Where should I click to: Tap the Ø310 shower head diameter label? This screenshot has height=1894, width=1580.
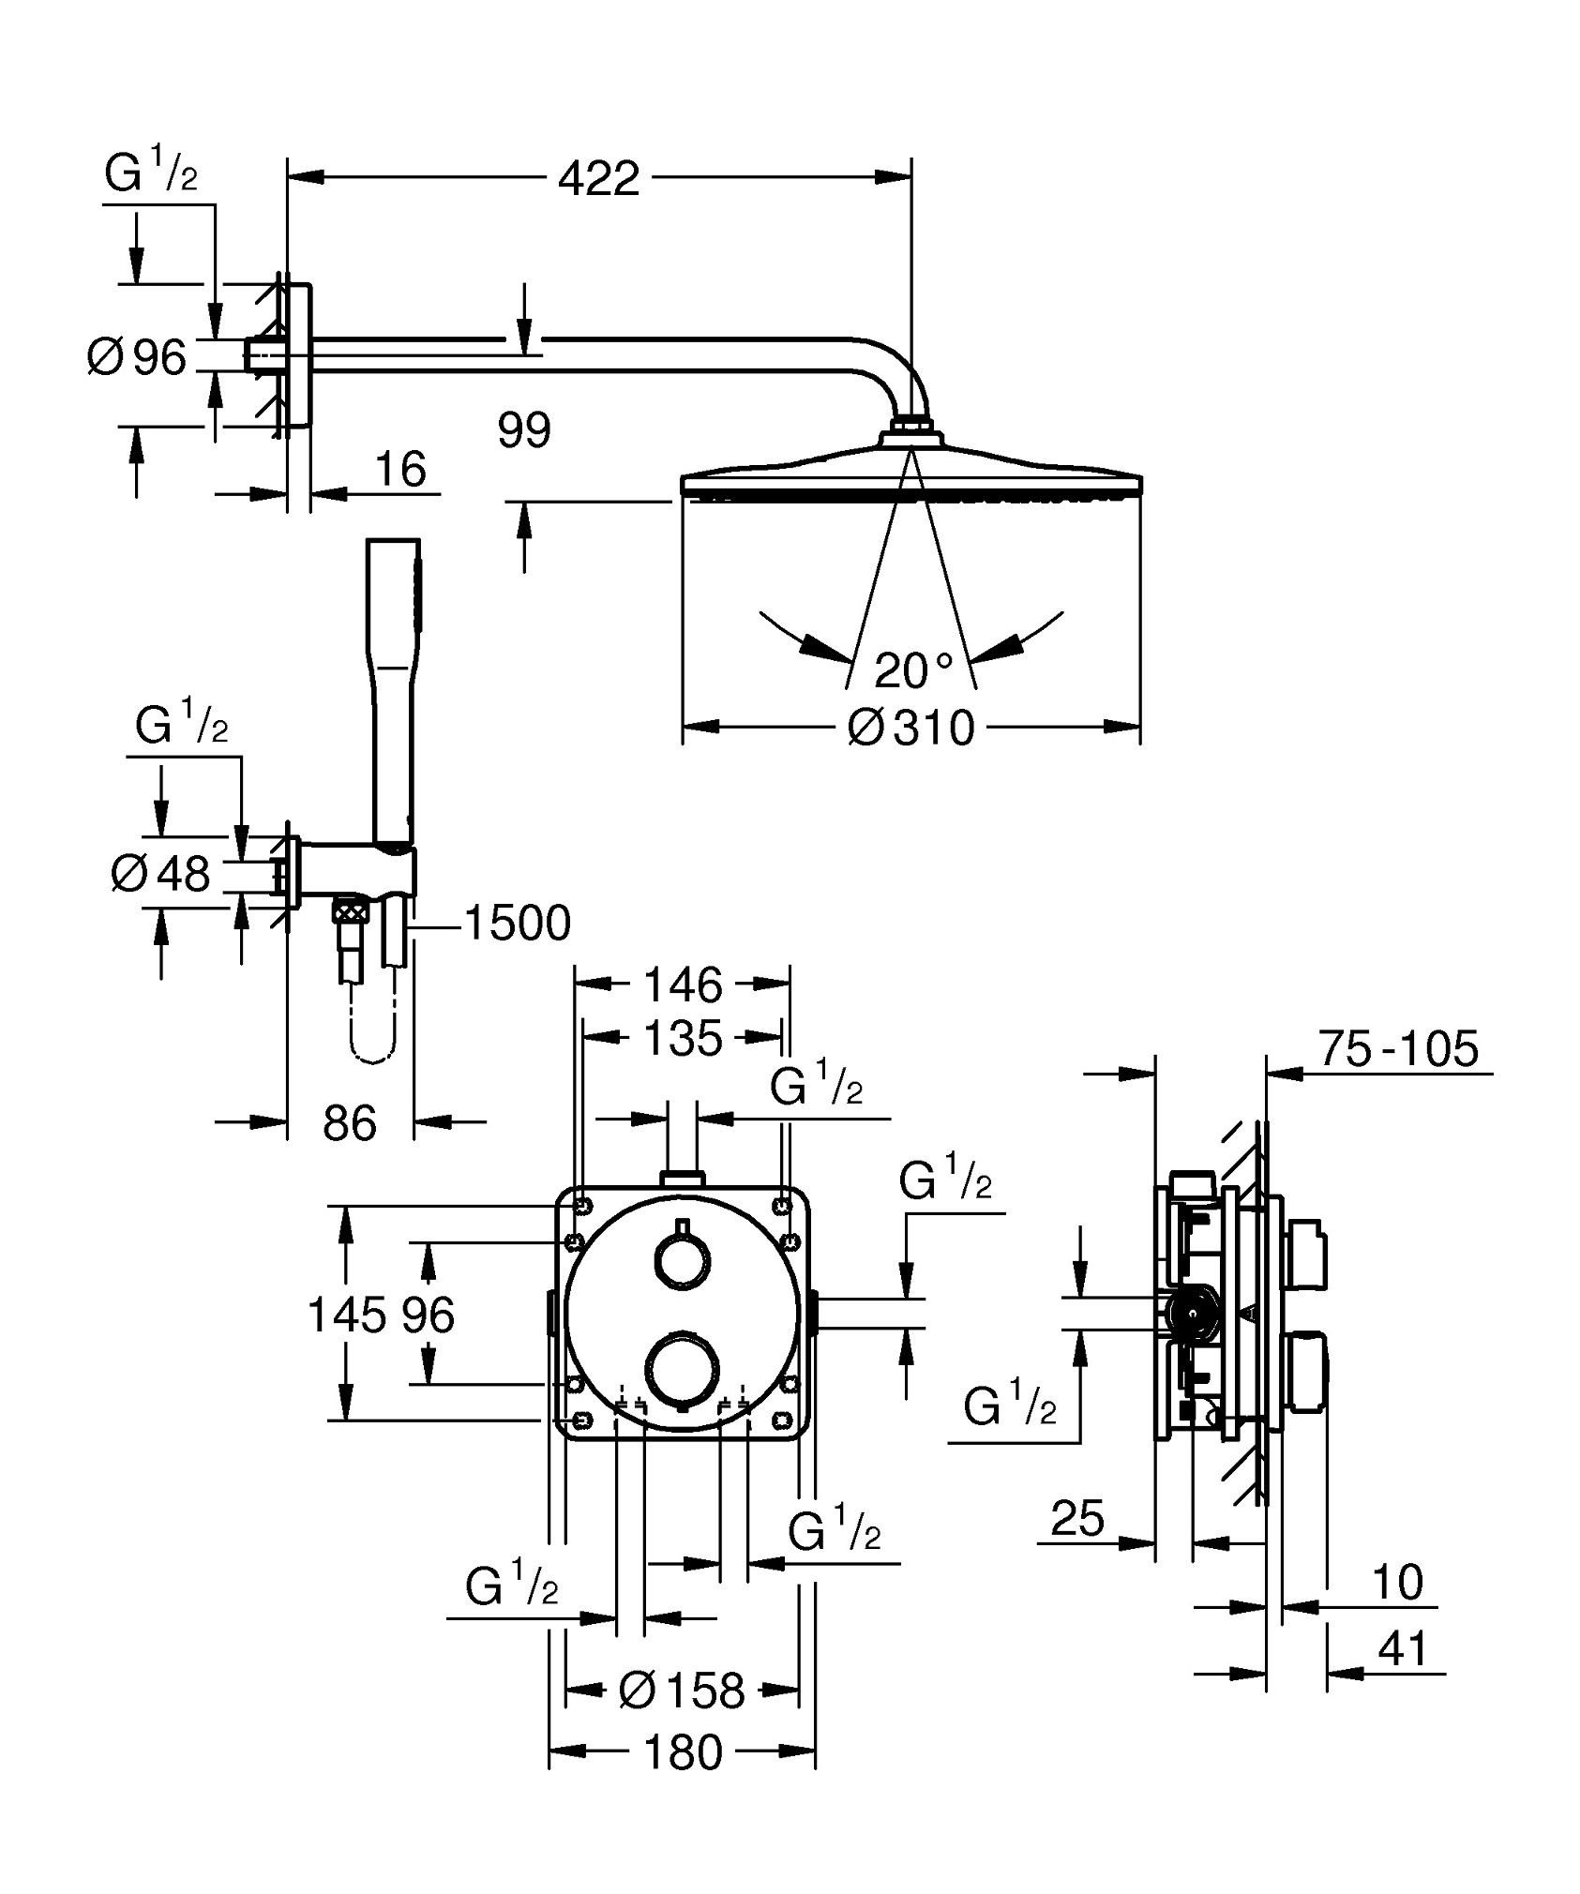click(x=910, y=728)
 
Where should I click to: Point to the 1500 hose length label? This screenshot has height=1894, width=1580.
click(x=517, y=924)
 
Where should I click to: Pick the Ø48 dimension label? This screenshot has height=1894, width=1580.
click(x=160, y=875)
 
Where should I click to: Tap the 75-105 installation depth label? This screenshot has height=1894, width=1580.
click(x=1398, y=1048)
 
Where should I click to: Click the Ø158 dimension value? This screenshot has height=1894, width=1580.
click(x=682, y=1691)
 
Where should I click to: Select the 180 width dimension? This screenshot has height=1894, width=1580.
click(x=683, y=1751)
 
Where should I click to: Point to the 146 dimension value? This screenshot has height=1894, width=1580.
click(x=683, y=985)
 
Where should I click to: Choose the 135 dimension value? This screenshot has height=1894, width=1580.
click(x=683, y=1038)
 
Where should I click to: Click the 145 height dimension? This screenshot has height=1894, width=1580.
click(x=346, y=1315)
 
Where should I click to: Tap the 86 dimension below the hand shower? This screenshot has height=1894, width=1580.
click(x=349, y=1122)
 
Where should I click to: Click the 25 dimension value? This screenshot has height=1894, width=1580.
click(x=1077, y=1518)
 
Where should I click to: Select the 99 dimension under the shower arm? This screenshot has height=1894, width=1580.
click(x=524, y=431)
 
